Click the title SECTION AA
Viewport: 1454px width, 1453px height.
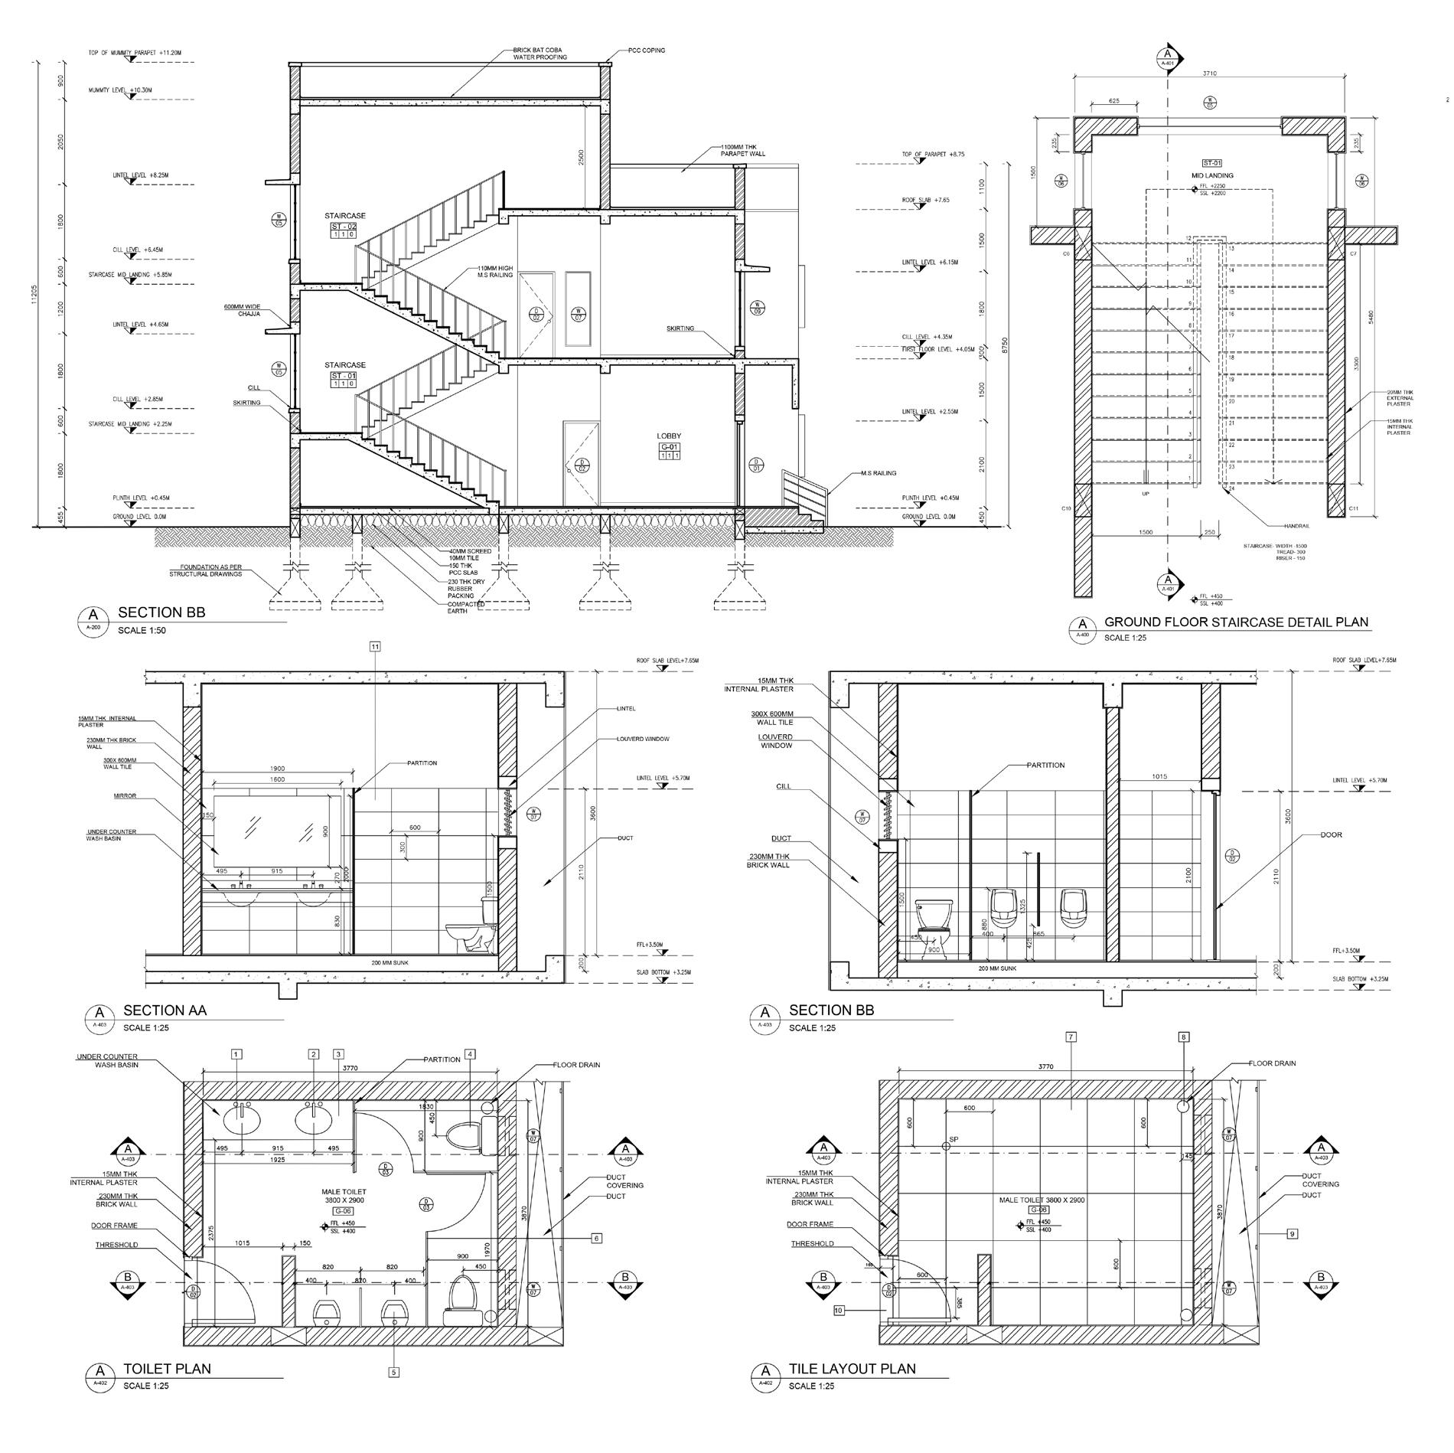click(165, 1011)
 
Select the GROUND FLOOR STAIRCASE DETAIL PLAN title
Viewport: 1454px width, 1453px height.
click(1236, 622)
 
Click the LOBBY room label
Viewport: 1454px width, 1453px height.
click(669, 436)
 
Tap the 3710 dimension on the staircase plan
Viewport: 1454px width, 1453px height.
click(1209, 73)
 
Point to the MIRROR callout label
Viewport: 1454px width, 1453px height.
click(125, 796)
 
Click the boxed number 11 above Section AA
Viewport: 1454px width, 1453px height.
click(375, 647)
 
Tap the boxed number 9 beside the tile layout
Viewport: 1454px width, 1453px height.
click(1292, 1233)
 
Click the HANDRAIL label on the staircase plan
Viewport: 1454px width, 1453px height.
click(1298, 526)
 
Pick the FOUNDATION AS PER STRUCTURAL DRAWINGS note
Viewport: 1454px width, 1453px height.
click(205, 570)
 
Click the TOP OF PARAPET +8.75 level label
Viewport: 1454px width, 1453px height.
click(934, 154)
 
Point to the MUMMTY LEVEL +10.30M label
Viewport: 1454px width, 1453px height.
click(121, 90)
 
